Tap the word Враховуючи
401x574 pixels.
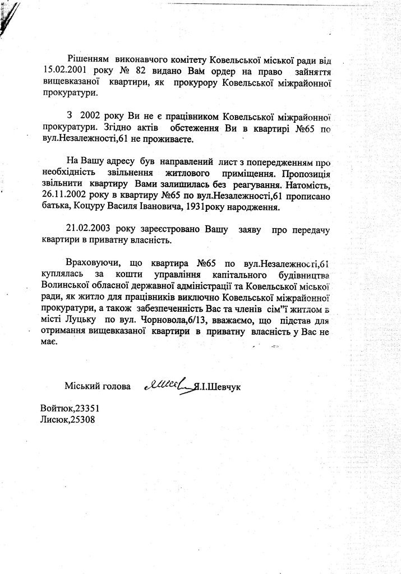coord(92,263)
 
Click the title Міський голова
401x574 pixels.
coord(97,387)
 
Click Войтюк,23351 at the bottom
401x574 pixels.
coord(71,408)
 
